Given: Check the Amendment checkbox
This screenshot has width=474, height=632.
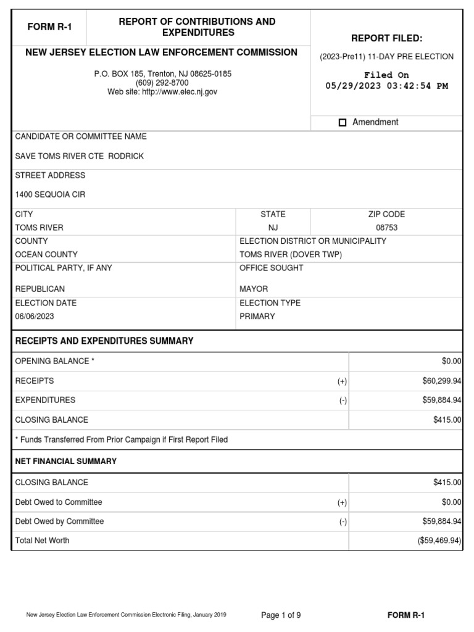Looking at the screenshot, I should (x=343, y=123).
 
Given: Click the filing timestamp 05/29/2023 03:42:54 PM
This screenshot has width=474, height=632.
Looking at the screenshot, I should (x=386, y=86).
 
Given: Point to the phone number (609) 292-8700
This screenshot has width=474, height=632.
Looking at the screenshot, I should (x=162, y=83).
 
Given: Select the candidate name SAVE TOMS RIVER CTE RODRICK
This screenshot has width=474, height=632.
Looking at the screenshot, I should (x=79, y=156).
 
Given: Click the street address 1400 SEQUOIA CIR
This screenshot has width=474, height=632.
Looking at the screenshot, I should (x=50, y=194).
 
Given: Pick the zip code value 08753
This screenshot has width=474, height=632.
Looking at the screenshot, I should (x=386, y=228).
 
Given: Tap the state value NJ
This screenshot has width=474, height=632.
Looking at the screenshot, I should (x=273, y=228).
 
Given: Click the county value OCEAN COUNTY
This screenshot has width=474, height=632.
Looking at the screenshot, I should (x=46, y=254).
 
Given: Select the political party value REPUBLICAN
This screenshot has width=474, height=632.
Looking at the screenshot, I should (x=39, y=289).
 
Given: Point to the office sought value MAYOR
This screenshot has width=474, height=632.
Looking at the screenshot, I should (x=254, y=289).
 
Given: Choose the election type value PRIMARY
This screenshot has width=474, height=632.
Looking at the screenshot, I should (x=257, y=317).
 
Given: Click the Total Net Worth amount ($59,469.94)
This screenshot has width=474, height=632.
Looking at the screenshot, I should (x=439, y=541).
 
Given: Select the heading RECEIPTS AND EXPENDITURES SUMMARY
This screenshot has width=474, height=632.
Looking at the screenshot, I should (x=104, y=341).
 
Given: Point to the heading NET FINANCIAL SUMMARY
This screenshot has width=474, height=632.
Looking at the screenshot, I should (x=65, y=461).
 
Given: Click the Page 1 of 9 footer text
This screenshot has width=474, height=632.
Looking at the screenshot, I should (x=281, y=615).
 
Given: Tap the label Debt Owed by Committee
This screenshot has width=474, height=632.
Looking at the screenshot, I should (x=59, y=522).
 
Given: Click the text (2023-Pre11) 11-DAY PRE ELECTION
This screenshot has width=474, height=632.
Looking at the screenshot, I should (x=386, y=57).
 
